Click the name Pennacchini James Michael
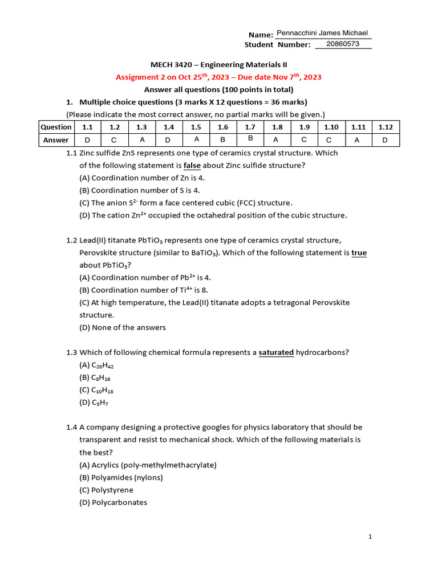(x=322, y=33)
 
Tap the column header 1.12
(x=386, y=127)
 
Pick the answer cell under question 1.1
(x=87, y=139)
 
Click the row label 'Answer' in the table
(x=56, y=139)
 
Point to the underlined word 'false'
(x=192, y=165)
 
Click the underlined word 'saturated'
(x=276, y=352)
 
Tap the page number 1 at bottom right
(x=370, y=536)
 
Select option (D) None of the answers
(x=122, y=327)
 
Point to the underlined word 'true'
(x=359, y=252)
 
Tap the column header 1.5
(x=196, y=127)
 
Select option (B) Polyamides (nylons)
(x=121, y=477)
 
